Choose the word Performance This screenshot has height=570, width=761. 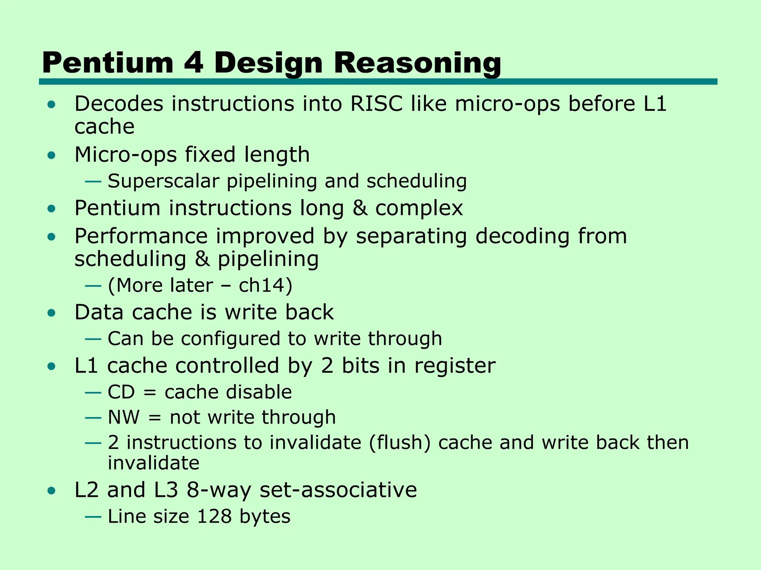click(x=141, y=237)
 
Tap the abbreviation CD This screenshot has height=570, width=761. click(x=121, y=392)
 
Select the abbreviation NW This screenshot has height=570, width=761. click(x=124, y=417)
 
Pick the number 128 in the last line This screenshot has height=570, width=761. click(x=214, y=517)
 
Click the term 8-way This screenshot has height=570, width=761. click(x=219, y=490)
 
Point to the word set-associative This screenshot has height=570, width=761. click(x=338, y=490)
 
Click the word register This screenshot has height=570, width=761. click(x=455, y=366)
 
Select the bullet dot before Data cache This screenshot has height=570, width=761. click(x=52, y=313)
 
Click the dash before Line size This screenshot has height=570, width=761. click(x=93, y=517)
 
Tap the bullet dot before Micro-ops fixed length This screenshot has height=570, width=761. click(x=52, y=155)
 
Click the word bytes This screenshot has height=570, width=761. click(x=265, y=517)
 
